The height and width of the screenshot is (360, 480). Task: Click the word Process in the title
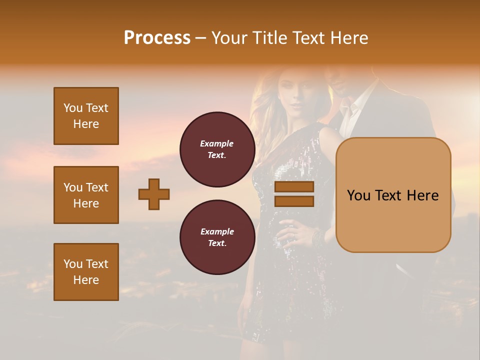(x=157, y=37)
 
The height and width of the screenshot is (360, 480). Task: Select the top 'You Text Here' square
(x=86, y=116)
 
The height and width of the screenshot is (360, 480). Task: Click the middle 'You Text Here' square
(x=86, y=195)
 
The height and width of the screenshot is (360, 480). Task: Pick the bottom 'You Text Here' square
(x=86, y=272)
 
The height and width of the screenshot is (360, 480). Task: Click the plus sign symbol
(x=154, y=194)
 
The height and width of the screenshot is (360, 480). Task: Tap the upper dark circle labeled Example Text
(x=217, y=149)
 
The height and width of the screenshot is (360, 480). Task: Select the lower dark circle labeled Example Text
(x=217, y=237)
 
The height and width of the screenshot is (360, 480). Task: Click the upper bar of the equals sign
(x=294, y=187)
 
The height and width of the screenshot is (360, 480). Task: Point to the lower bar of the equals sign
(x=294, y=201)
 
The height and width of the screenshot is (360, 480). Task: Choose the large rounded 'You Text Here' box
(x=393, y=195)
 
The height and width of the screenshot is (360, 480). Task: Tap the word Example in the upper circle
(x=217, y=143)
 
